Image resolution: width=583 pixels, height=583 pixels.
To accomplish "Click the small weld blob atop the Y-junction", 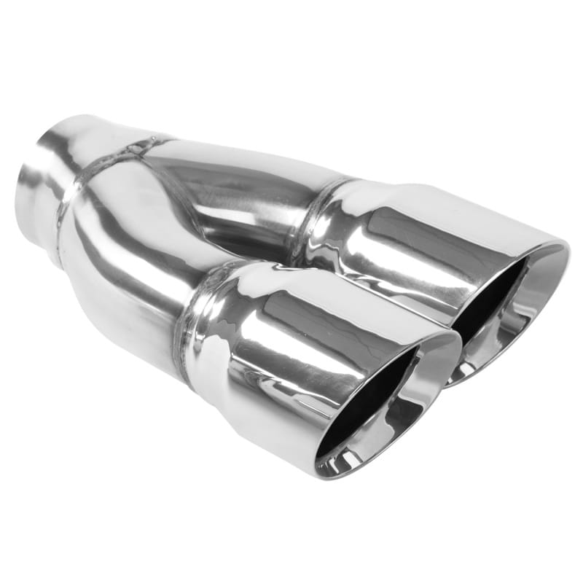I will (135, 149).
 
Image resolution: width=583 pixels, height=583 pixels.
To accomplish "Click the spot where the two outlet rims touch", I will (455, 343).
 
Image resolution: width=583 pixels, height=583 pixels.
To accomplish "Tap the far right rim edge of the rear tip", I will (565, 251).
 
